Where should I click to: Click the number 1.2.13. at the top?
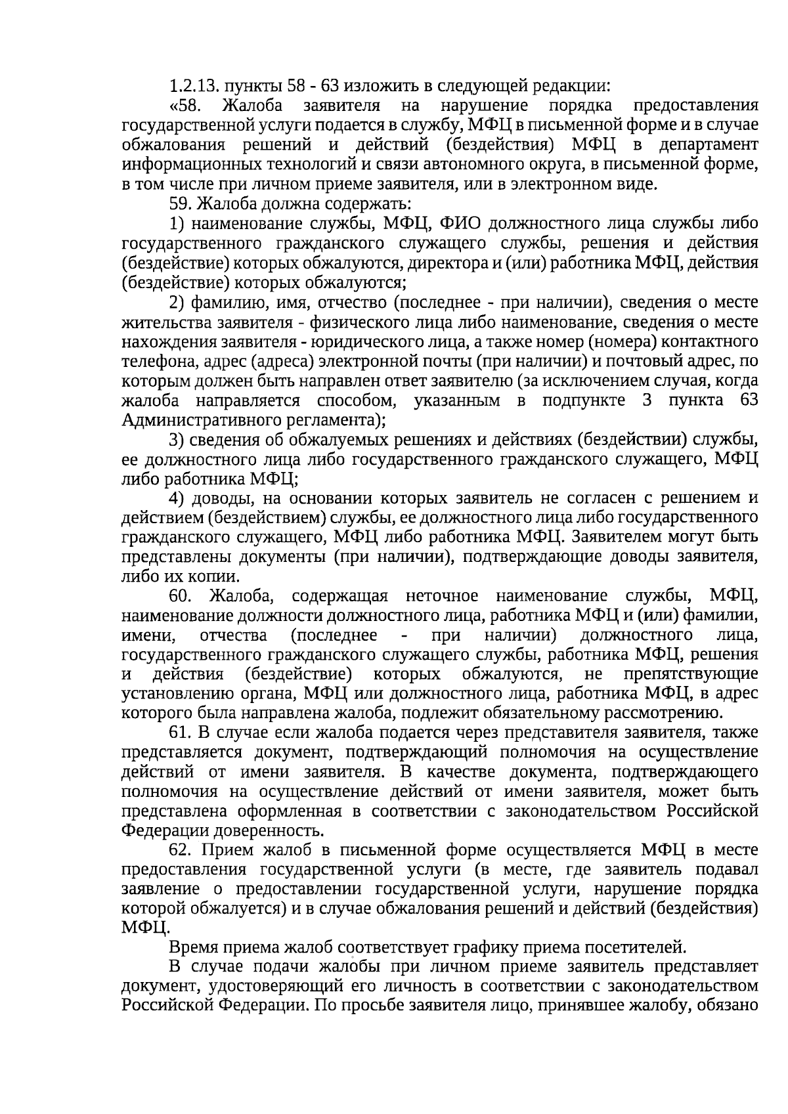(x=193, y=86)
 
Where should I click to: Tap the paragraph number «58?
(x=189, y=106)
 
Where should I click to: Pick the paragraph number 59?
(x=181, y=204)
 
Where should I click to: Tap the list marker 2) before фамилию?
(x=176, y=302)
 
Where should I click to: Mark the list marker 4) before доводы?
(x=176, y=498)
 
